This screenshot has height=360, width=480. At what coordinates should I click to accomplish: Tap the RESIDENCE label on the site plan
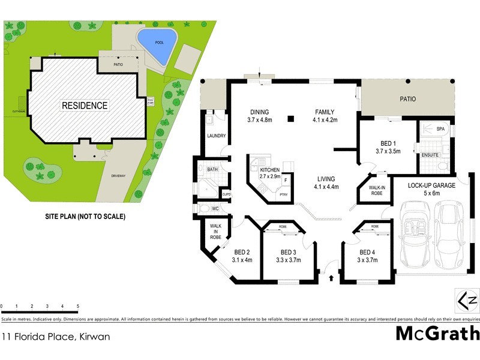coord(85,106)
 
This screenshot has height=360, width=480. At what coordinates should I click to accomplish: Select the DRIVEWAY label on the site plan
coord(118,176)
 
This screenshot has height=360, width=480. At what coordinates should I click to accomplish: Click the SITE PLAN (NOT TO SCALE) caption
coord(85,216)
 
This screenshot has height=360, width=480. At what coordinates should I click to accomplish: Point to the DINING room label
coord(260,112)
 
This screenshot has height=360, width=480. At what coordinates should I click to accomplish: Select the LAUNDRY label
coord(216,136)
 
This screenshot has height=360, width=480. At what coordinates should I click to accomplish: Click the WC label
coord(215,208)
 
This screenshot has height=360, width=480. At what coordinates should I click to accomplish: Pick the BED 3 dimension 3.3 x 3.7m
coord(289,260)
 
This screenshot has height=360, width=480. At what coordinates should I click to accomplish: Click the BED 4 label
coord(367,252)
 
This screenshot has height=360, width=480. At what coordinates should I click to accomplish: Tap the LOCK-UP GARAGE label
coord(431,185)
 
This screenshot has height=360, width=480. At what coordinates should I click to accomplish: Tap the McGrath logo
coord(437,333)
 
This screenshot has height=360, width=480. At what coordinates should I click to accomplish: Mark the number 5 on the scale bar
coord(78,307)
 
